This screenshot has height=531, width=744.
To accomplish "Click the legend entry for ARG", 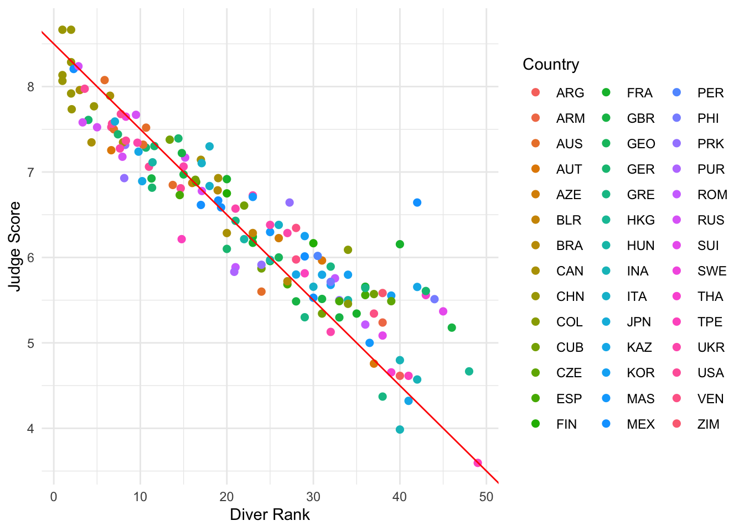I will click(x=570, y=93).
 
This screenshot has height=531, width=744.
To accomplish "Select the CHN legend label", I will click(x=570, y=296).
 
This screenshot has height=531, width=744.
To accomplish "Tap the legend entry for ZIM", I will click(x=708, y=424).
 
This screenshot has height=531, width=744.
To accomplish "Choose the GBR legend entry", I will click(x=640, y=118).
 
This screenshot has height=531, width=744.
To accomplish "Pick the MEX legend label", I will click(x=640, y=424).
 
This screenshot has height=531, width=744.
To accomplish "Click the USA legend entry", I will click(x=710, y=373).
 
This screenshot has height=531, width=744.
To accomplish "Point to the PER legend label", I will click(x=710, y=93).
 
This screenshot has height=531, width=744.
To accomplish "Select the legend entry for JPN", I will click(x=639, y=322).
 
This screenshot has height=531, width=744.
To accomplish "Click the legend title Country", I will click(x=551, y=65).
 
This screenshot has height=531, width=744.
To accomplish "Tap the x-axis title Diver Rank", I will click(x=270, y=515).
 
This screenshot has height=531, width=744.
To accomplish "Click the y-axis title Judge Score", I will click(x=15, y=246).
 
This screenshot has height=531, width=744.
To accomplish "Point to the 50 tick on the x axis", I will click(x=486, y=497).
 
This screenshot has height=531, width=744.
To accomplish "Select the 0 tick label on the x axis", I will click(x=54, y=497).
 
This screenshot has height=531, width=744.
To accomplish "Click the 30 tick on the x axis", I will click(x=313, y=497).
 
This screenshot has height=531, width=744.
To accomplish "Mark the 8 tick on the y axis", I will click(x=30, y=87).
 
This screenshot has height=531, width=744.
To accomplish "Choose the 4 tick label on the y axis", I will click(x=30, y=429).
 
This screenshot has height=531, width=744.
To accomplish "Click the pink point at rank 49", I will click(x=478, y=463).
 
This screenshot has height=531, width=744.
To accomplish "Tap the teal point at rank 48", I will click(x=469, y=371).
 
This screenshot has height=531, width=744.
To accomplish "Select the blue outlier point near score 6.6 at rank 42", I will click(x=417, y=202).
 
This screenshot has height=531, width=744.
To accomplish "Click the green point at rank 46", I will click(x=452, y=327).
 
